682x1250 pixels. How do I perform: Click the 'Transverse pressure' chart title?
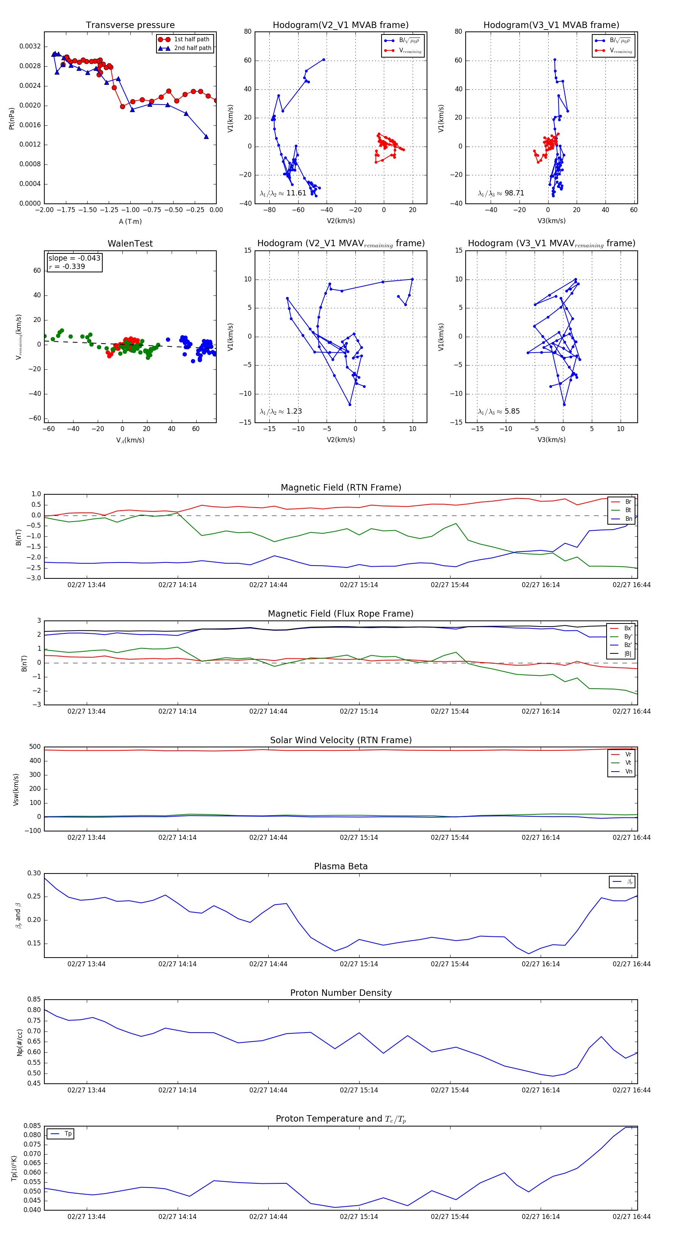click(x=130, y=25)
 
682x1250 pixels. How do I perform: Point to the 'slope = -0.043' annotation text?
click(x=74, y=258)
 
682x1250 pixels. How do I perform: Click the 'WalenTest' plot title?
click(x=130, y=244)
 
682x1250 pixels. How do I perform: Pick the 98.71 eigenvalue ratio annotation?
click(x=501, y=193)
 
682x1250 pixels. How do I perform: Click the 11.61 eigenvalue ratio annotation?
click(x=283, y=193)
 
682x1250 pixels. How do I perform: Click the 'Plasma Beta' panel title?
click(x=341, y=867)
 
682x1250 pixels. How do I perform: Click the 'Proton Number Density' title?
click(x=341, y=993)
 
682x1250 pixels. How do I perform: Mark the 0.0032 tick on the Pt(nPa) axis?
click(x=30, y=47)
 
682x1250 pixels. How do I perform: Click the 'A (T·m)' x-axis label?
click(x=130, y=222)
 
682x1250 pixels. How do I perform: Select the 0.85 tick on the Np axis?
click(x=34, y=1000)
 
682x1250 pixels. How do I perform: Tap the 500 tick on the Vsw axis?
click(x=35, y=747)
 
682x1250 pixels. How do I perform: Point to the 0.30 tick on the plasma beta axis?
click(x=34, y=873)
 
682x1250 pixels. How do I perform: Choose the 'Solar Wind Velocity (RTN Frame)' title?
click(x=341, y=741)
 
